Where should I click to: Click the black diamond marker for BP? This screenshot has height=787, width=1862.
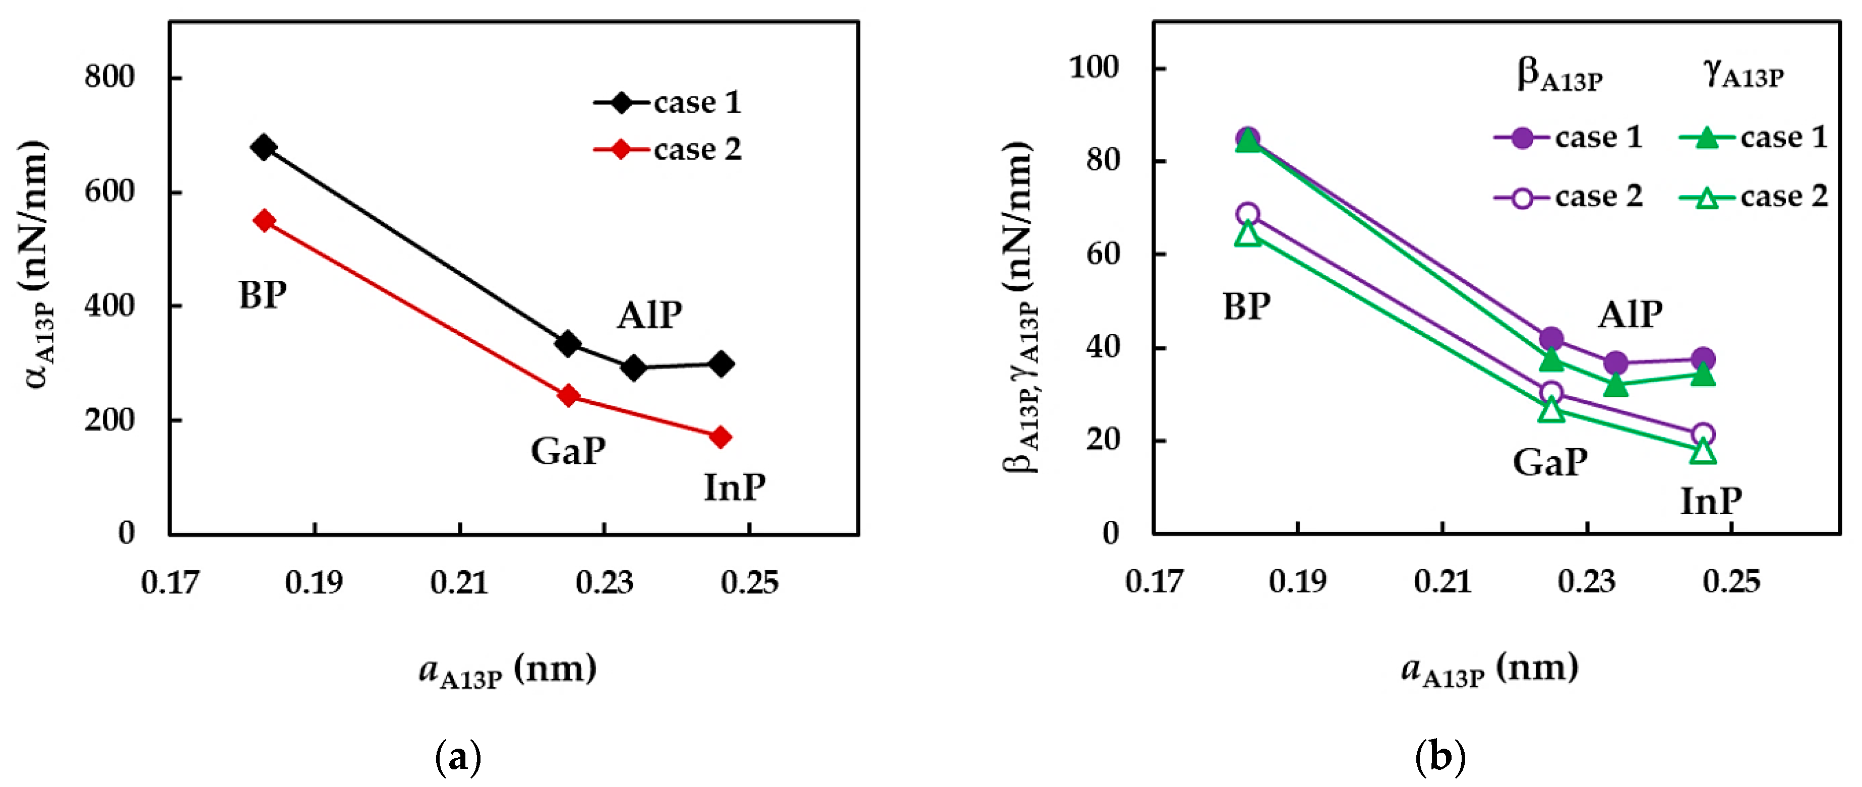point(263,147)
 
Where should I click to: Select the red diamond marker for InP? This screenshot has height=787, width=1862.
point(720,437)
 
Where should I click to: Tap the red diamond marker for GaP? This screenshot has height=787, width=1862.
point(569,395)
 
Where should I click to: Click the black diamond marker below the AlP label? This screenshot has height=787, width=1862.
point(633,368)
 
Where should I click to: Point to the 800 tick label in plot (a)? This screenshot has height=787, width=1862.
point(109,77)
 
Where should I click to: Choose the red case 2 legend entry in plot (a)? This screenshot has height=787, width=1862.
point(668,150)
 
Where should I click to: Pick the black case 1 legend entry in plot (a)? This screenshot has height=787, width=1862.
point(668,103)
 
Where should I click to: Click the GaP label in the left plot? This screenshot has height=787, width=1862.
point(568,452)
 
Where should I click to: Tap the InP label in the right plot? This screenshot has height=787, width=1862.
point(1710,501)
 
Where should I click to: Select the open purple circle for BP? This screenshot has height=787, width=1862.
point(1247,214)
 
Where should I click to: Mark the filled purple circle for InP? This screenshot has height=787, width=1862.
point(1703,358)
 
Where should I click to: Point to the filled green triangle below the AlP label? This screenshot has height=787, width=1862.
point(1615,385)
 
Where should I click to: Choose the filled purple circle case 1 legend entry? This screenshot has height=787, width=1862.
point(1567,137)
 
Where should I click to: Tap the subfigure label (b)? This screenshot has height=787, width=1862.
point(1440,757)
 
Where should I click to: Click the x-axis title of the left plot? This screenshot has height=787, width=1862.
point(508,670)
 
